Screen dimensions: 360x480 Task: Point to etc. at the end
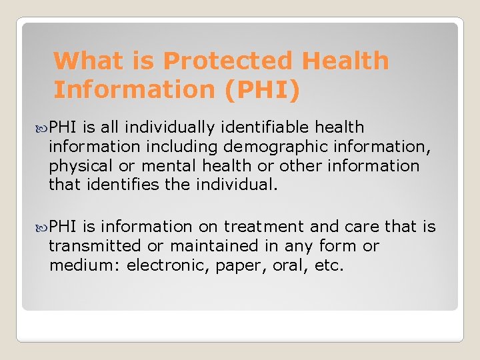[330, 265]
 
